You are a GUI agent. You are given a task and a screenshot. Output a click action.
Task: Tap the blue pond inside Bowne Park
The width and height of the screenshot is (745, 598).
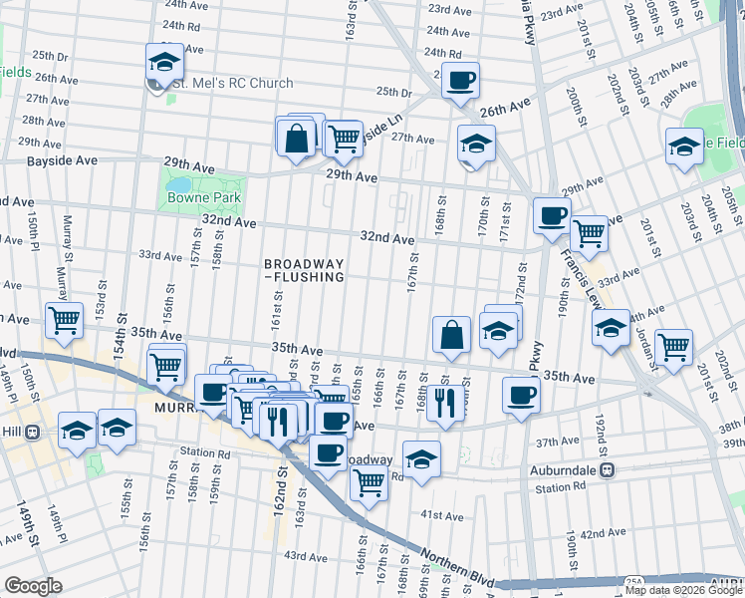click(x=179, y=184)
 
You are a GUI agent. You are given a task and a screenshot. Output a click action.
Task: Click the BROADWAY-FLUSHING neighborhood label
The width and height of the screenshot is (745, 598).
click(x=304, y=270)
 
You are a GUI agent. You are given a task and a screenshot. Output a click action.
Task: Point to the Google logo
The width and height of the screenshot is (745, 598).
click(x=33, y=586)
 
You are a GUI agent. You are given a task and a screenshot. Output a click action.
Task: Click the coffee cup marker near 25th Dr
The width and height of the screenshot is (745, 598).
click(x=459, y=80)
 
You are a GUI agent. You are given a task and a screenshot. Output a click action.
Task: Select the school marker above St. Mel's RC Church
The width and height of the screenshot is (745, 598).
click(x=164, y=62)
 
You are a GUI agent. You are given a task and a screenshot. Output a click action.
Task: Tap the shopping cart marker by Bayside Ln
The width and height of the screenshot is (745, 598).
click(x=344, y=138)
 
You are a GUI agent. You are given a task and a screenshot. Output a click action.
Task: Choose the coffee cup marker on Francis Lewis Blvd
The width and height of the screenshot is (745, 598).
click(x=551, y=214)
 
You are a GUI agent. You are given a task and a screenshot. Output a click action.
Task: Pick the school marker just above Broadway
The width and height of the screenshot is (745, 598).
click(x=421, y=459)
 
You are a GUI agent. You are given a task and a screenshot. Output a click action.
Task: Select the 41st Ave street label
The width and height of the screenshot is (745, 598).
click(x=441, y=516)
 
